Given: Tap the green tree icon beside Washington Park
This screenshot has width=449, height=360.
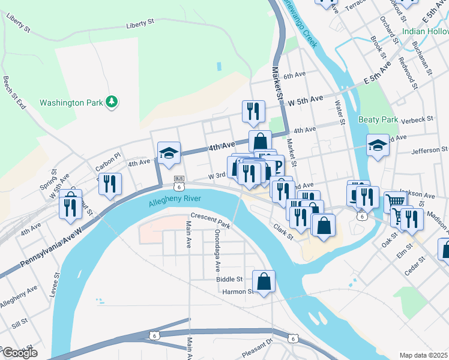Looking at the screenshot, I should (111, 103).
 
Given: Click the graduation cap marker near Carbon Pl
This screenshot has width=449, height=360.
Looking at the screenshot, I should (169, 154).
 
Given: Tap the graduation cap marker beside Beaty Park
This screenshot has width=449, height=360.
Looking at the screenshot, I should (378, 145).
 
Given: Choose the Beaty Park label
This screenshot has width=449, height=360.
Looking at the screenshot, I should (378, 119).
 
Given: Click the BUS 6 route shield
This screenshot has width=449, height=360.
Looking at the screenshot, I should (179, 182).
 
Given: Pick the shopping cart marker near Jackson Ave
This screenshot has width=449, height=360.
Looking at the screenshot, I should (394, 202).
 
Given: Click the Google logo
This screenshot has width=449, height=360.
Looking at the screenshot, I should (19, 353).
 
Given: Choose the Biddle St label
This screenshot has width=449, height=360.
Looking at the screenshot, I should (231, 279).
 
